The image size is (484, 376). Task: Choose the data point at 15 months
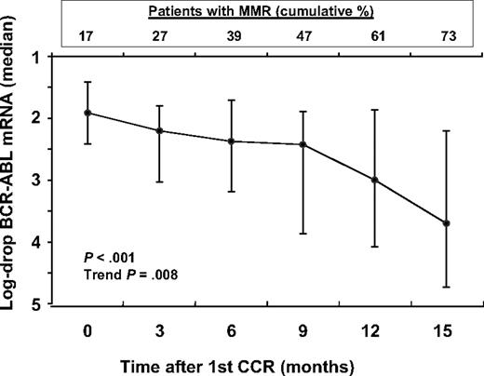446,223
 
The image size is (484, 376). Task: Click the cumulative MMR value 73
446,35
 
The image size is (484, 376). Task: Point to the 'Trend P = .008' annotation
126,275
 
